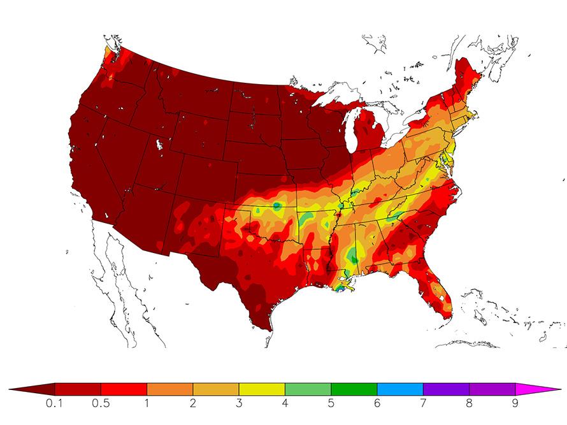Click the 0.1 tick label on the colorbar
(55, 403)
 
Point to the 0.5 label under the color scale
(101, 403)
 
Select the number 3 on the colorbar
(239, 403)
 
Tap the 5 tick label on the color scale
(331, 403)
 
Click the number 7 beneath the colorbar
(423, 403)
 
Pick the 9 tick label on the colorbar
(515, 403)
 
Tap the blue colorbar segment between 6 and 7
(400, 389)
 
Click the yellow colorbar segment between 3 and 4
(262, 389)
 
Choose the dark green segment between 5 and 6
(354, 389)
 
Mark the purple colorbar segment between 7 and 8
(446, 389)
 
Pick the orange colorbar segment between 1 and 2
(169, 389)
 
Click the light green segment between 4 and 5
(308, 389)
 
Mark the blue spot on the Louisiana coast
(340, 288)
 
